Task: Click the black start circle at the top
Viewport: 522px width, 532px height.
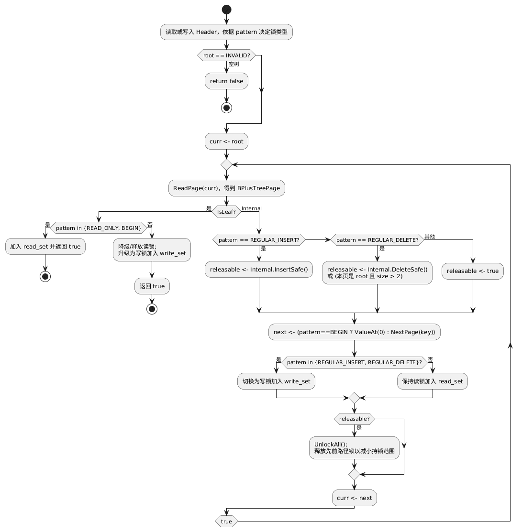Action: pos(226,9)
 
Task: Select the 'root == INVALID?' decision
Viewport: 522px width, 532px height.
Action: pos(226,55)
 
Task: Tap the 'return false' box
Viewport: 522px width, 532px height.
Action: pos(226,81)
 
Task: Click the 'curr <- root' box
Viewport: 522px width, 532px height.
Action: pos(226,141)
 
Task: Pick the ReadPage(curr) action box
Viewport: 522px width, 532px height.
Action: pos(226,188)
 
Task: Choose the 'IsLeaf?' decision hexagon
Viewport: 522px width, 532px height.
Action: pos(226,212)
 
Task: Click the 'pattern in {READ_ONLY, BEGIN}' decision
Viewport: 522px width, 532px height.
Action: pos(99,228)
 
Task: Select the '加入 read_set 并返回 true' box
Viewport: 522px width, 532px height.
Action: pos(45,247)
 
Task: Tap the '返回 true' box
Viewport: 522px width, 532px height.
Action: pos(152,286)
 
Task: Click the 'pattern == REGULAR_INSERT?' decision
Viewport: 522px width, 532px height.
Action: pos(259,239)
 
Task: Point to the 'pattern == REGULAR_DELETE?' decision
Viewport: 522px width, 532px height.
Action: pos(378,239)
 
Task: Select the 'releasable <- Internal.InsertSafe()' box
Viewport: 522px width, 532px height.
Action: pos(259,270)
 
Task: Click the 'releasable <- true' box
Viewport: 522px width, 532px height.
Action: pos(472,271)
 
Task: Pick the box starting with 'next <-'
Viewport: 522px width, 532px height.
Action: pos(354,332)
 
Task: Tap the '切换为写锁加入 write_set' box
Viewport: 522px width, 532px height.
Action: pos(277,381)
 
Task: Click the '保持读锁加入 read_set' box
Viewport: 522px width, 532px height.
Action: pos(433,381)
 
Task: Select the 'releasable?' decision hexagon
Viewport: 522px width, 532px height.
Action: pos(354,419)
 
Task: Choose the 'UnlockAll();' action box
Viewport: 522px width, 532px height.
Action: pos(354,447)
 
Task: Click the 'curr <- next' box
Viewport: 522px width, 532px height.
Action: pos(354,498)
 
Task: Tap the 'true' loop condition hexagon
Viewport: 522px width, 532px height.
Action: pos(226,521)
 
